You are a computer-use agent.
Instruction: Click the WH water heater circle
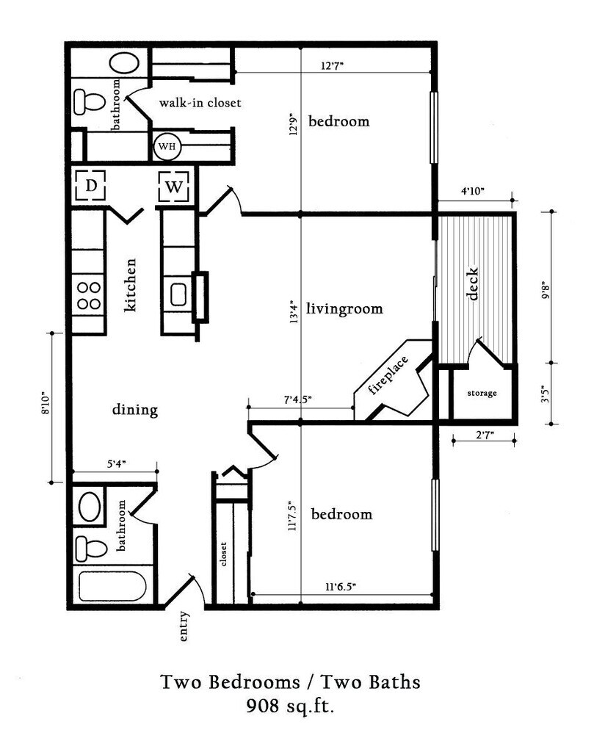167,146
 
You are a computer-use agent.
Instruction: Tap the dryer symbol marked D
90,186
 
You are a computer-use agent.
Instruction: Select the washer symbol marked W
173,186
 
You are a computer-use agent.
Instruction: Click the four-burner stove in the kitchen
89,295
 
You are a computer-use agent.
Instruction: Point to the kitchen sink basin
178,294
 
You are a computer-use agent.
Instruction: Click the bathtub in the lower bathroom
112,586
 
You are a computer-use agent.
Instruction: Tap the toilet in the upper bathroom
90,101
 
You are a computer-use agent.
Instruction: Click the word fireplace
388,375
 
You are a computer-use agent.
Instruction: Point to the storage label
482,394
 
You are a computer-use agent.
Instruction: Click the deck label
472,284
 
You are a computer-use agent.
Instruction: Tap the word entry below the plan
183,626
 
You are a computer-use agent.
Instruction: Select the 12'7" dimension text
333,65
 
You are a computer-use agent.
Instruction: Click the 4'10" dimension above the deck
473,191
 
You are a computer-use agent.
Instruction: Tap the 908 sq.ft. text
290,706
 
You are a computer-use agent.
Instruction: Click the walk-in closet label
200,103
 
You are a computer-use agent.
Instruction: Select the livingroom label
344,308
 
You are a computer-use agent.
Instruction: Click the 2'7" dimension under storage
485,435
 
